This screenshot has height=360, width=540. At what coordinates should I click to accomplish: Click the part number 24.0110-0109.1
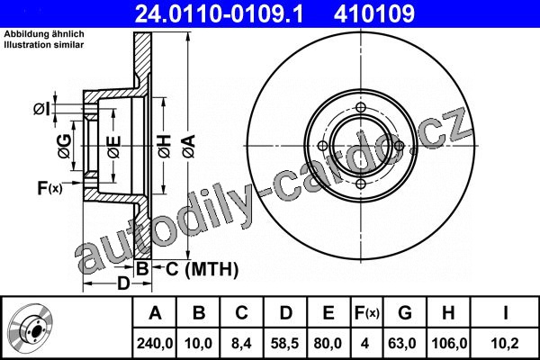[x=219, y=13]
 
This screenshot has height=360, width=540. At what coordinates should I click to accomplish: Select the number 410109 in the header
[x=374, y=13]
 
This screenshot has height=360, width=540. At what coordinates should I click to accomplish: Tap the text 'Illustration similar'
[x=44, y=45]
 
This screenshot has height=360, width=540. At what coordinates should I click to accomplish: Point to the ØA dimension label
[x=189, y=147]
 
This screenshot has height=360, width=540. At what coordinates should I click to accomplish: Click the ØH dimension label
[x=165, y=147]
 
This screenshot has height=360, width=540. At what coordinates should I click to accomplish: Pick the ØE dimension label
[x=114, y=147]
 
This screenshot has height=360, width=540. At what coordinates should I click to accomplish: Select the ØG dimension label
[x=65, y=147]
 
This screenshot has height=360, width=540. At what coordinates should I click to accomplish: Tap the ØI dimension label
[x=41, y=109]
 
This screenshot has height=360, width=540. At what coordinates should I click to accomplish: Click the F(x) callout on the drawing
[x=49, y=188]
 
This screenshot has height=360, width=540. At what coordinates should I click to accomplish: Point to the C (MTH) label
[x=202, y=269]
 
